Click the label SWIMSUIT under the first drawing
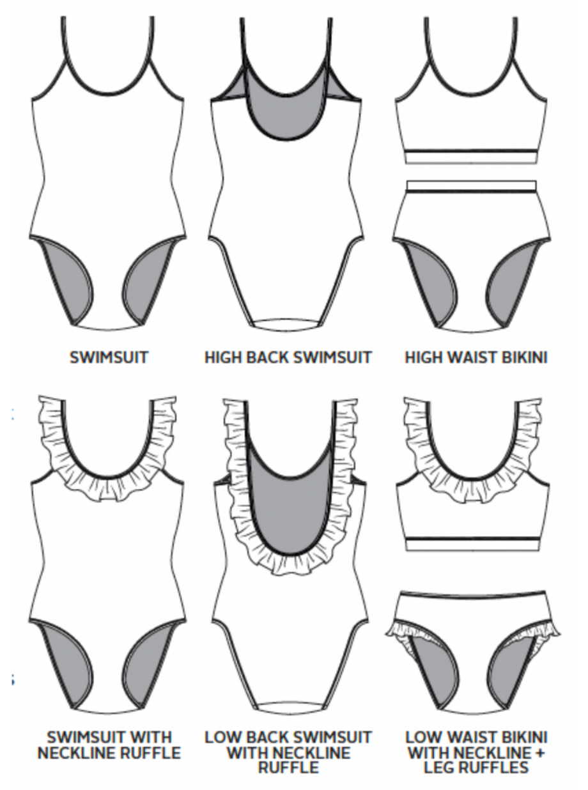pos(109,357)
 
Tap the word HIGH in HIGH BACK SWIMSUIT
pos(223,357)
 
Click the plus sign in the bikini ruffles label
pos(539,754)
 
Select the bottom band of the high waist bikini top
pos(471,157)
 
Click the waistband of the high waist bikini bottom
pos(472,186)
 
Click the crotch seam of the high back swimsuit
pos(289,322)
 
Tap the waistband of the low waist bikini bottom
pos(471,594)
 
